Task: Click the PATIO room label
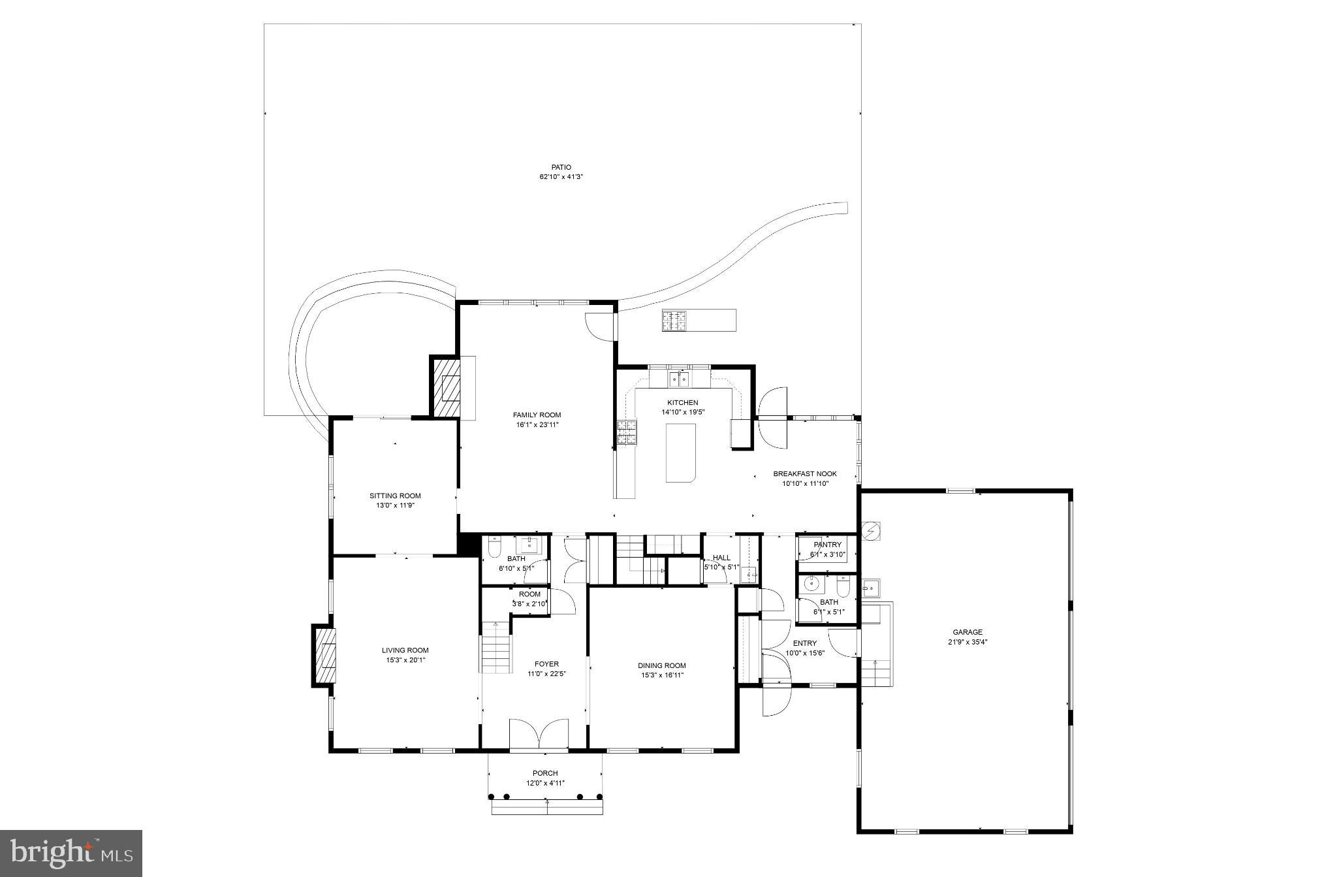560,168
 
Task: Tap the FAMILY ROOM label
537,415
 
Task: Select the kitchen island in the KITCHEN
680,453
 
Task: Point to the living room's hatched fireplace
324,656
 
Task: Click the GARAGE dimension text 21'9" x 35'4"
967,642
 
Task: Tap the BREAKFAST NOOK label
804,474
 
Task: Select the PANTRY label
827,545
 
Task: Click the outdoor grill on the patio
675,321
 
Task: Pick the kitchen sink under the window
679,378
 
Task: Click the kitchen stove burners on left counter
627,433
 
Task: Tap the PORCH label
545,773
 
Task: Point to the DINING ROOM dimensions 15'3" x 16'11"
662,675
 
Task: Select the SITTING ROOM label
395,496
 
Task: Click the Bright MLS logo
71,853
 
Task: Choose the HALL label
721,558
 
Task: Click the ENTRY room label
804,643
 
